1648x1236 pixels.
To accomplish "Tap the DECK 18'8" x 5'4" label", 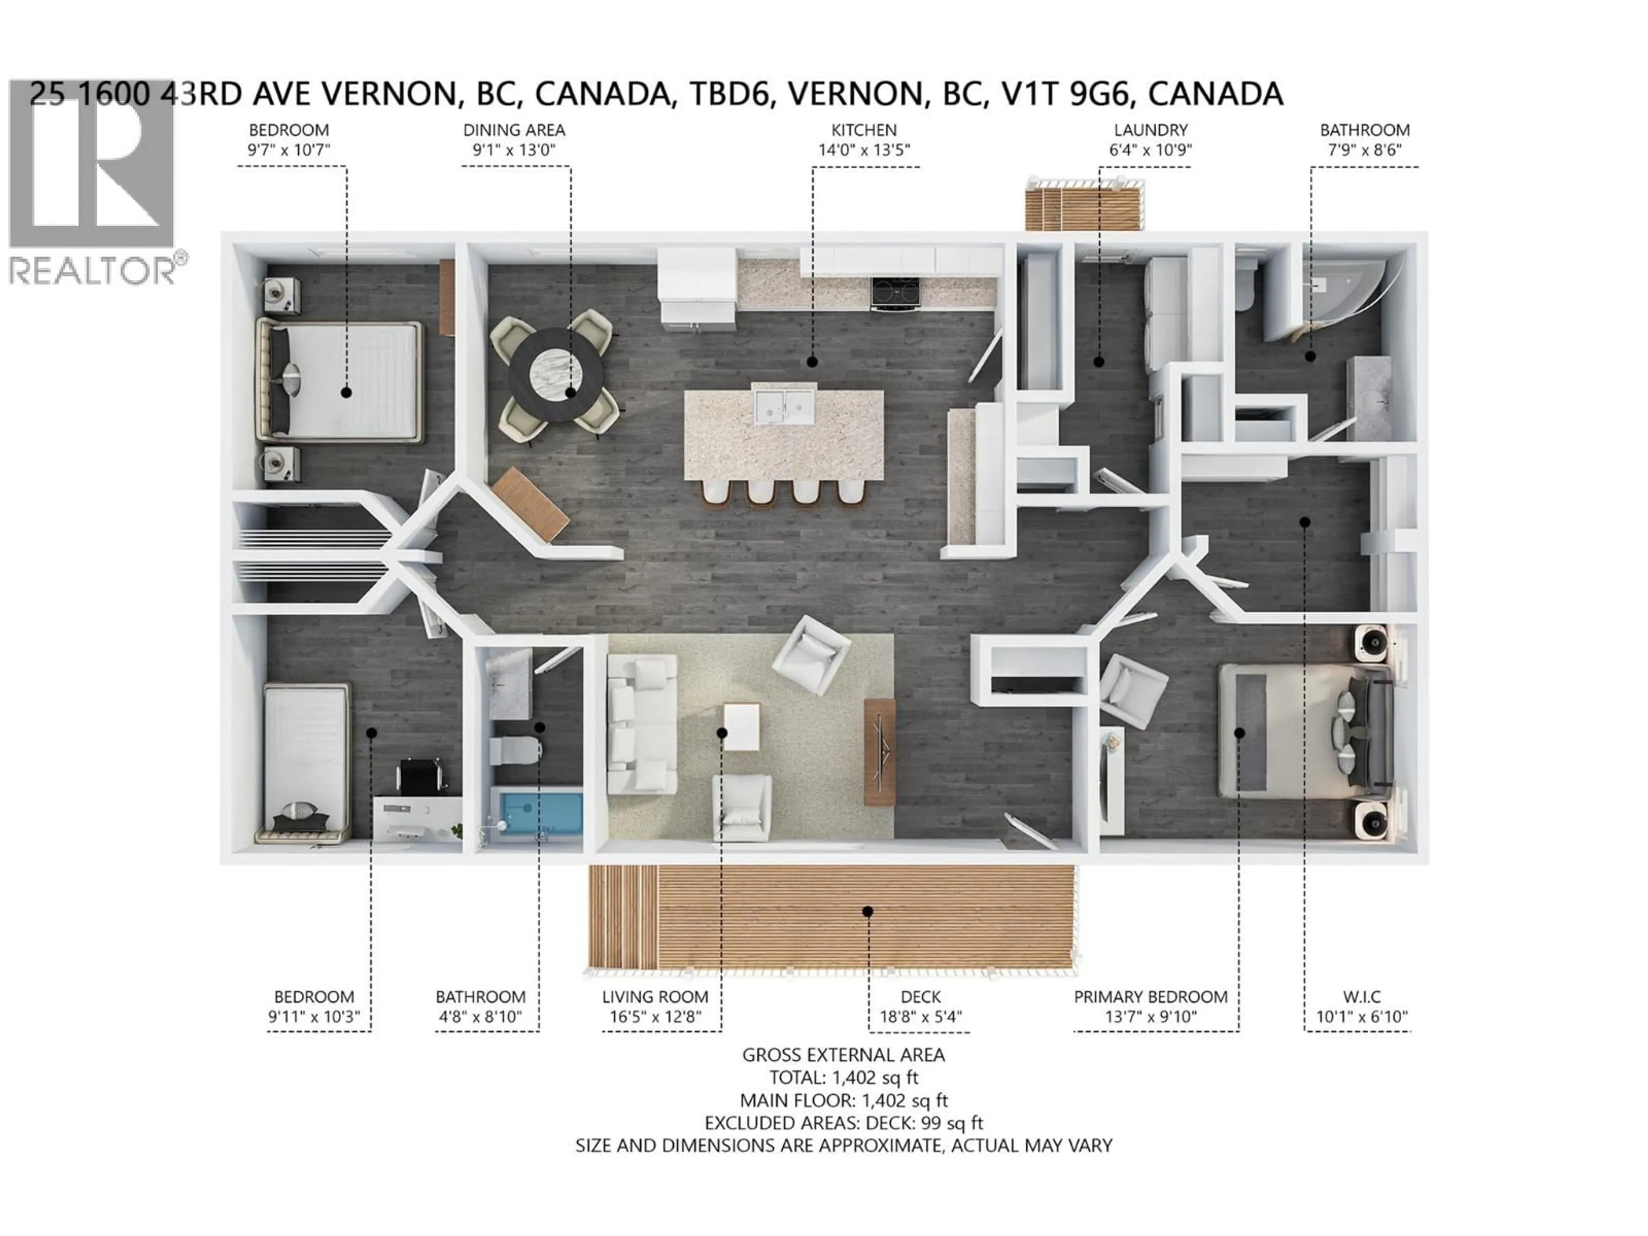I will click(921, 1006).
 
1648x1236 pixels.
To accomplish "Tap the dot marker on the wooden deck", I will click(868, 911).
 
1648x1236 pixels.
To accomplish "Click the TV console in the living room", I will click(879, 751).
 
